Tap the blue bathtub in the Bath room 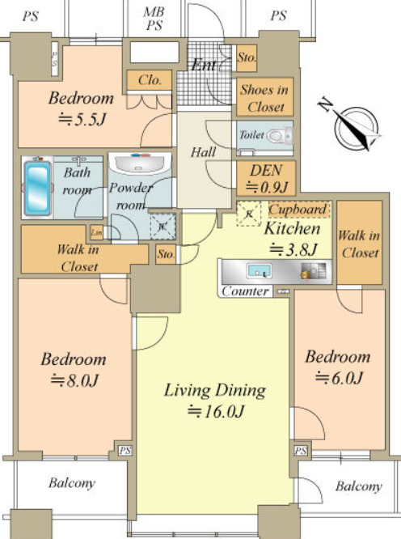click(x=37, y=188)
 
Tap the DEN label click(x=265, y=172)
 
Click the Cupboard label click(x=298, y=210)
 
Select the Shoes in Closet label click(x=263, y=98)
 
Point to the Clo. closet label click(x=149, y=79)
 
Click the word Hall click(x=202, y=151)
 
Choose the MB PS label click(x=153, y=18)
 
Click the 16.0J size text click(x=215, y=410)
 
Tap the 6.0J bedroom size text click(x=338, y=376)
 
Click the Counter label click(x=245, y=291)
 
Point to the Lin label click(x=96, y=233)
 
